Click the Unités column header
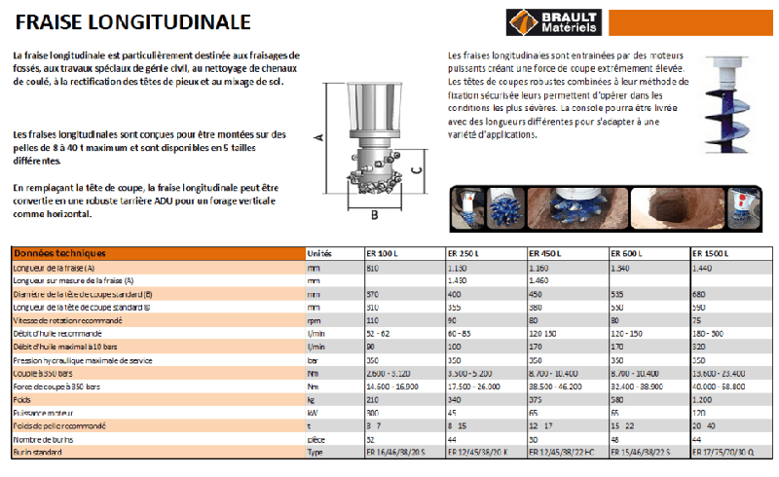coord(320,253)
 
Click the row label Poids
coord(21,398)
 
